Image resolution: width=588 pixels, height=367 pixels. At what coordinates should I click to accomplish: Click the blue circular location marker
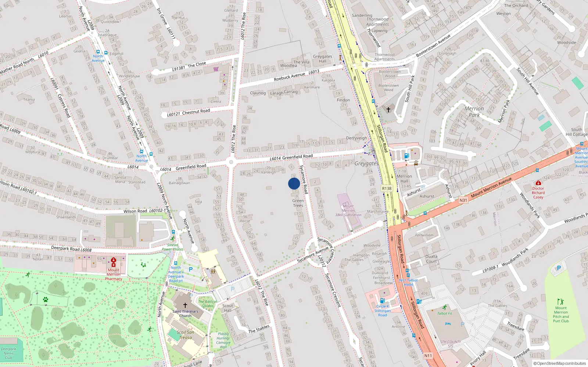click(x=294, y=183)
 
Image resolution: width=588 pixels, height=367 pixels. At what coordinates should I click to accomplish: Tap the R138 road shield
click(x=387, y=189)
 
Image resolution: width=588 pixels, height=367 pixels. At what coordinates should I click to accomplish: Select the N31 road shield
click(x=463, y=200)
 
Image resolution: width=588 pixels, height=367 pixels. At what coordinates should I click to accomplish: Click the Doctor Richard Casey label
click(x=538, y=193)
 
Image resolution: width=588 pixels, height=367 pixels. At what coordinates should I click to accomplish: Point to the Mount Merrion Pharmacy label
click(x=113, y=274)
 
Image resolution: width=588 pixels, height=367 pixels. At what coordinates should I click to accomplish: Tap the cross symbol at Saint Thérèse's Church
click(x=185, y=305)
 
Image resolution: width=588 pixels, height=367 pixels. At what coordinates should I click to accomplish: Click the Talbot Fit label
click(x=445, y=313)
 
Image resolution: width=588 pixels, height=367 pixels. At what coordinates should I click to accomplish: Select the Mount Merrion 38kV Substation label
click(x=348, y=211)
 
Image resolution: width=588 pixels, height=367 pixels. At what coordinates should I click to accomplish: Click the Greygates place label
click(x=366, y=164)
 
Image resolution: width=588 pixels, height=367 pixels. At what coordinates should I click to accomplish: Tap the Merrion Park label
click(x=474, y=112)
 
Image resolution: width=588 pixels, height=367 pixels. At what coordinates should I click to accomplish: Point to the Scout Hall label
click(x=227, y=308)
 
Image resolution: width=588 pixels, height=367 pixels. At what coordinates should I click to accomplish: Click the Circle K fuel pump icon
click(x=382, y=301)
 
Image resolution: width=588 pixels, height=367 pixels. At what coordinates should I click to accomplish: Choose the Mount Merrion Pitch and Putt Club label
click(x=561, y=315)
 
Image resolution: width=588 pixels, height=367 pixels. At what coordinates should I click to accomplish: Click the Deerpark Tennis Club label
click(x=8, y=353)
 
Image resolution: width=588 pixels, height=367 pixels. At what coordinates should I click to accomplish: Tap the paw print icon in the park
click(x=46, y=299)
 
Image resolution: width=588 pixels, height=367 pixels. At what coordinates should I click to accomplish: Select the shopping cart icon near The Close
click(x=216, y=69)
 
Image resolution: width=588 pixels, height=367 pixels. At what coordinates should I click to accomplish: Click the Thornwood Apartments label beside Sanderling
click(x=377, y=22)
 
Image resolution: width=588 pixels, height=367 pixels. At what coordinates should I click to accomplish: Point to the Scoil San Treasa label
click(x=186, y=335)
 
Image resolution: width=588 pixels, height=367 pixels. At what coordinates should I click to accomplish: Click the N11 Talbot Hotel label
click(x=408, y=282)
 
